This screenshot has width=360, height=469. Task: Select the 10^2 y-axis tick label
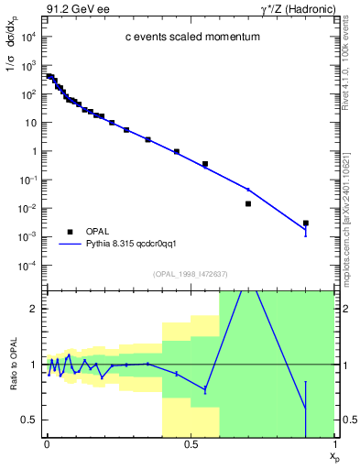click(27, 94)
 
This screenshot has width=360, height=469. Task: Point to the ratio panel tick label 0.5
click(27, 420)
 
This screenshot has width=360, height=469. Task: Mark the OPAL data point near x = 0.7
click(248, 203)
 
